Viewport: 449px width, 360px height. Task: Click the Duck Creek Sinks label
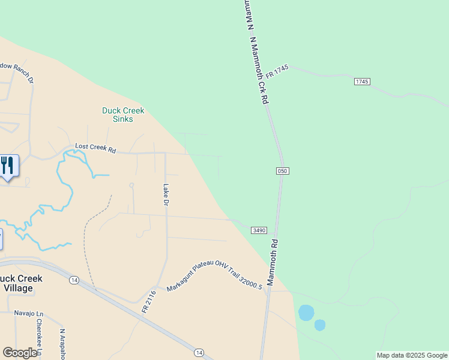123,115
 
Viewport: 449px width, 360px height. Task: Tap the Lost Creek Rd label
95,148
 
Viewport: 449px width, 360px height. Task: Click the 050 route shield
283,171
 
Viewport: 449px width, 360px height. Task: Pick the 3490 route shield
259,230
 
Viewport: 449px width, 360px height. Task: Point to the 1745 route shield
361,81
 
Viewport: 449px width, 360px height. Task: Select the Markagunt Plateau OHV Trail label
215,276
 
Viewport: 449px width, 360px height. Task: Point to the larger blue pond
306,313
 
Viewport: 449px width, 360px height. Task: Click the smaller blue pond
320,325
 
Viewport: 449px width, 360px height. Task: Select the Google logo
20,353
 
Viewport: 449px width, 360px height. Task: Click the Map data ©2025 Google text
412,355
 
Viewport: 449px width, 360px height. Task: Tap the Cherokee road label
39,336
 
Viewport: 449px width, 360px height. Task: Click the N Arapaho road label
62,343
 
